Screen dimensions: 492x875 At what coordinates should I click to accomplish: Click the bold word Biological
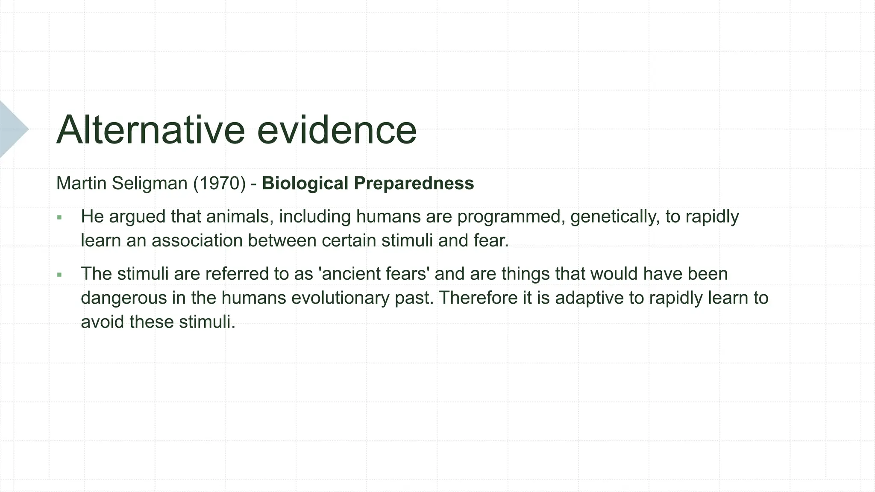point(305,184)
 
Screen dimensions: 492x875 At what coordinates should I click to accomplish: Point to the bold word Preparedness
point(414,184)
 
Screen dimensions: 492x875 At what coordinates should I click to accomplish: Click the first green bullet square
point(59,218)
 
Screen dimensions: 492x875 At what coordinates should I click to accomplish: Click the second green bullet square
point(59,275)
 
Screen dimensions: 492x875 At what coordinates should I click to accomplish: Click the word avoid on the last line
point(102,322)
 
